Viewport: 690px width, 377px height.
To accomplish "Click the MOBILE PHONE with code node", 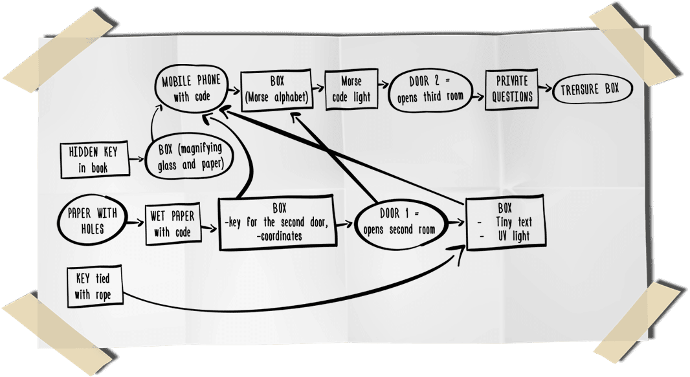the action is click(192, 89).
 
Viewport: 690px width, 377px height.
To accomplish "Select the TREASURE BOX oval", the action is click(592, 89).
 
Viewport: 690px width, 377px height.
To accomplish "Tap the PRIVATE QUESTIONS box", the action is click(512, 89).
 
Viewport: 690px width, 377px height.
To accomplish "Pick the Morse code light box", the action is click(351, 89).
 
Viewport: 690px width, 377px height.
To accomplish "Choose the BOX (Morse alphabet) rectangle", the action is click(277, 89).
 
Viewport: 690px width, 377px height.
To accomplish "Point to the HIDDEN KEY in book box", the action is click(94, 160).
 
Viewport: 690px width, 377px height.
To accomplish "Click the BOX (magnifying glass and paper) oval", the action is click(190, 157).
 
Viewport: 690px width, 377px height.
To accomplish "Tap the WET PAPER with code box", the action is click(172, 224).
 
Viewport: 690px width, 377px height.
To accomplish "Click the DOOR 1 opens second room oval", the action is click(400, 222).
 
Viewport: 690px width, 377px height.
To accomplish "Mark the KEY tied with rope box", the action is click(95, 286).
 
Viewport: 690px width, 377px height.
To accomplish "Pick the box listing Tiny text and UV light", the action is click(505, 222).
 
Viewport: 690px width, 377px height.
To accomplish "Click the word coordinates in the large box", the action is click(280, 237).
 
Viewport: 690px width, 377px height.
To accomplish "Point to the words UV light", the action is click(514, 237).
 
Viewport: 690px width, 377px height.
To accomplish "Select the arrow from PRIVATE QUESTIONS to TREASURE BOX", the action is click(545, 89).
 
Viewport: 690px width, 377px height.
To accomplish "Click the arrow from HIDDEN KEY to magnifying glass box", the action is click(137, 159).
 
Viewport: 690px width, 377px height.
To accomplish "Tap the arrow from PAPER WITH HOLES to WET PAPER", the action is click(136, 222).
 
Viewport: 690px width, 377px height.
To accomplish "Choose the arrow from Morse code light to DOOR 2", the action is click(383, 85).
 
